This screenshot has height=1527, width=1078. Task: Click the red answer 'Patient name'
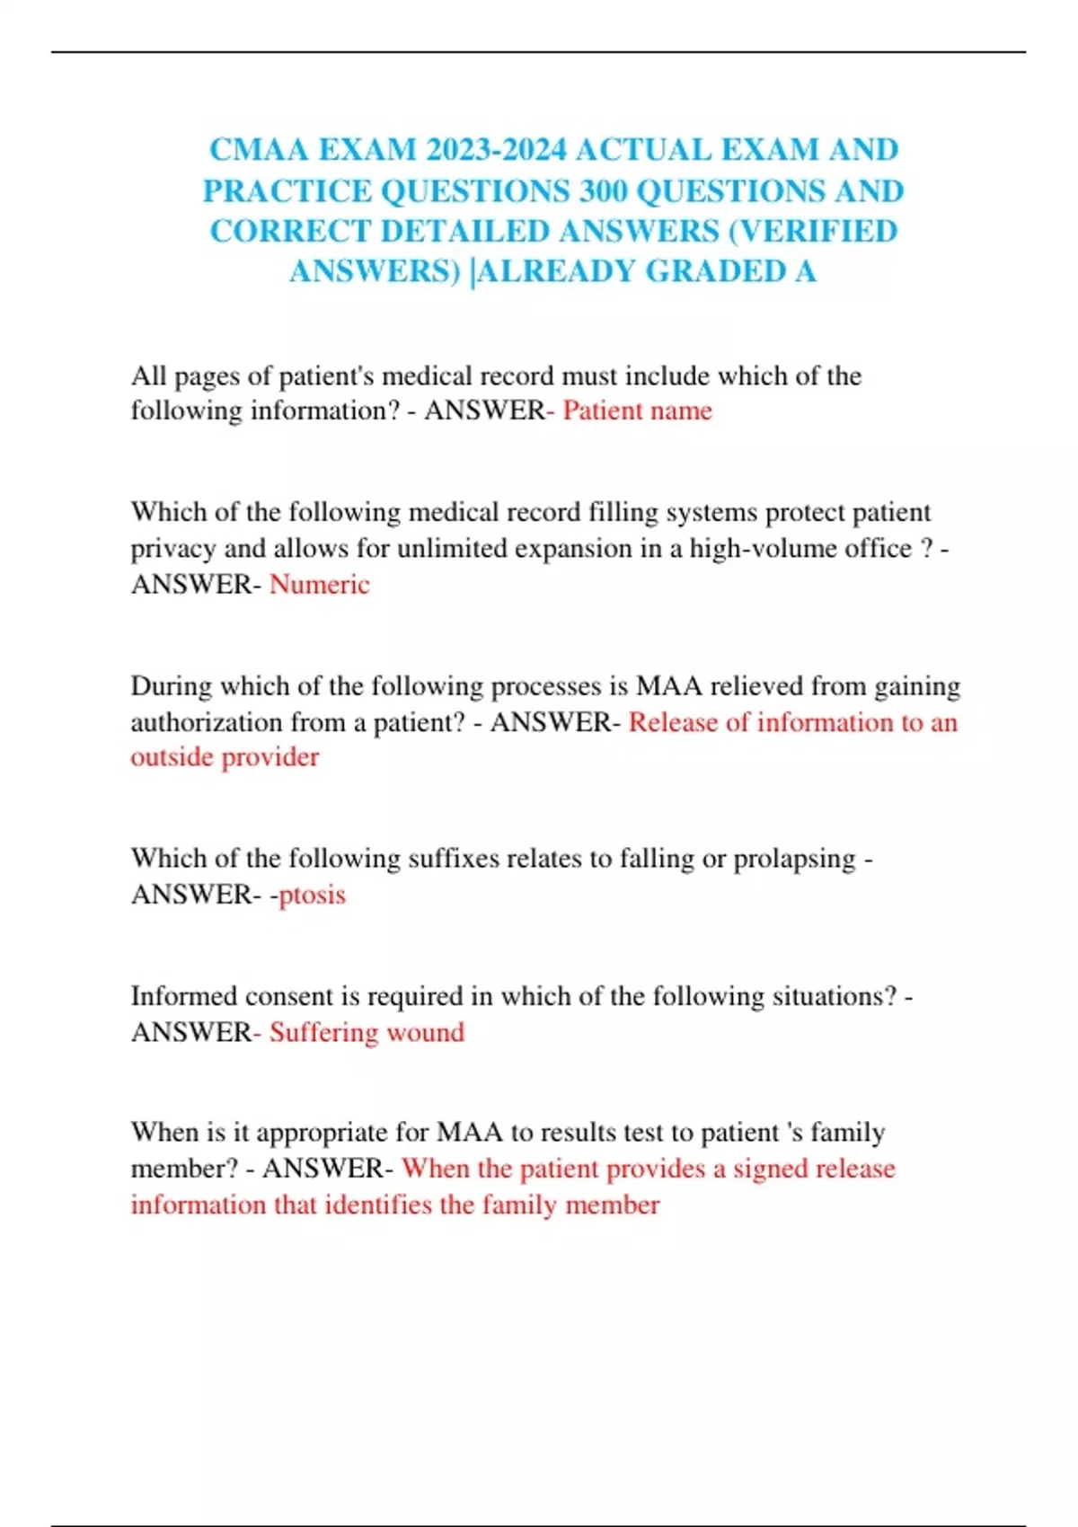tap(637, 410)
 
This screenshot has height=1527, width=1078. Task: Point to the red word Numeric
tap(319, 584)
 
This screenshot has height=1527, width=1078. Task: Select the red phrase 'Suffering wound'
tap(367, 1032)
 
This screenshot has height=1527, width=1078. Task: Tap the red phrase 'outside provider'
tap(225, 756)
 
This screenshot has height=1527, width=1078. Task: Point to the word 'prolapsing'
tap(794, 859)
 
